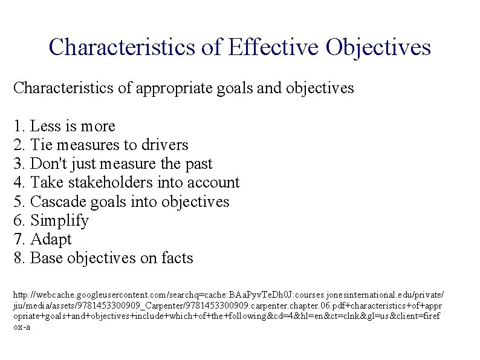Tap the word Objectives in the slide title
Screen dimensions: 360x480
tap(378, 47)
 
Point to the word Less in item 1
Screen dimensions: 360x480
tap(44, 126)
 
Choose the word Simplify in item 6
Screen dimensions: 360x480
tap(59, 220)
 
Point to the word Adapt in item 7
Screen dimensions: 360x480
tap(51, 239)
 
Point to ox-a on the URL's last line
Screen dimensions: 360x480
tap(22, 327)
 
